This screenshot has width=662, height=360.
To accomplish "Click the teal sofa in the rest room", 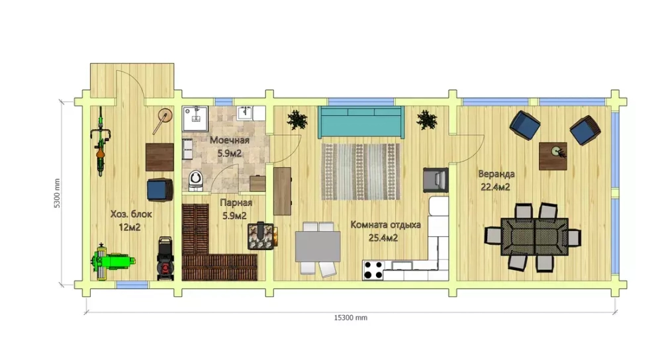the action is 361,122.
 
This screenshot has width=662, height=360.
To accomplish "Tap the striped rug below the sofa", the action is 361,171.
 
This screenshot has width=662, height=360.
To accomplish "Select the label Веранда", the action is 496,174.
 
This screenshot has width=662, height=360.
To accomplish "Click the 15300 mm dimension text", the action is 350,318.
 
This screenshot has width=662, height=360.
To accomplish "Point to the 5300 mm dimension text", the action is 57,193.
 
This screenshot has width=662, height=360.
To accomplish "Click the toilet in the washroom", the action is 196,180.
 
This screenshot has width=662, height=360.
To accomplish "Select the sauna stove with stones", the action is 261,236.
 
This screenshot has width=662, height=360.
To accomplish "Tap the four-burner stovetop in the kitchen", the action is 373,271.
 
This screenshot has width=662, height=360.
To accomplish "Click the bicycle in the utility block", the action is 101,142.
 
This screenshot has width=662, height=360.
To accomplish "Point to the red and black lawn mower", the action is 165,258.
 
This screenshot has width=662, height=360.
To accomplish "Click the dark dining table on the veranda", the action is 534,236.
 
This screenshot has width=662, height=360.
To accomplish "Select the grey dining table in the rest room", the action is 318,246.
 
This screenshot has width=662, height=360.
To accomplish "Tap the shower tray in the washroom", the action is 195,118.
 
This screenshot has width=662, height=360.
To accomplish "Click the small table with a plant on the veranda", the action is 553,156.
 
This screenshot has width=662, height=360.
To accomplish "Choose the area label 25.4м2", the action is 383,238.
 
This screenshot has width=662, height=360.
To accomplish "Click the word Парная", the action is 236,202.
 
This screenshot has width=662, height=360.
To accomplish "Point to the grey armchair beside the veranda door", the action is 436,180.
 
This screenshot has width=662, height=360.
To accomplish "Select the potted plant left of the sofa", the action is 297,120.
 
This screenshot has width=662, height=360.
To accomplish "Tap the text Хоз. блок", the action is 131,214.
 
